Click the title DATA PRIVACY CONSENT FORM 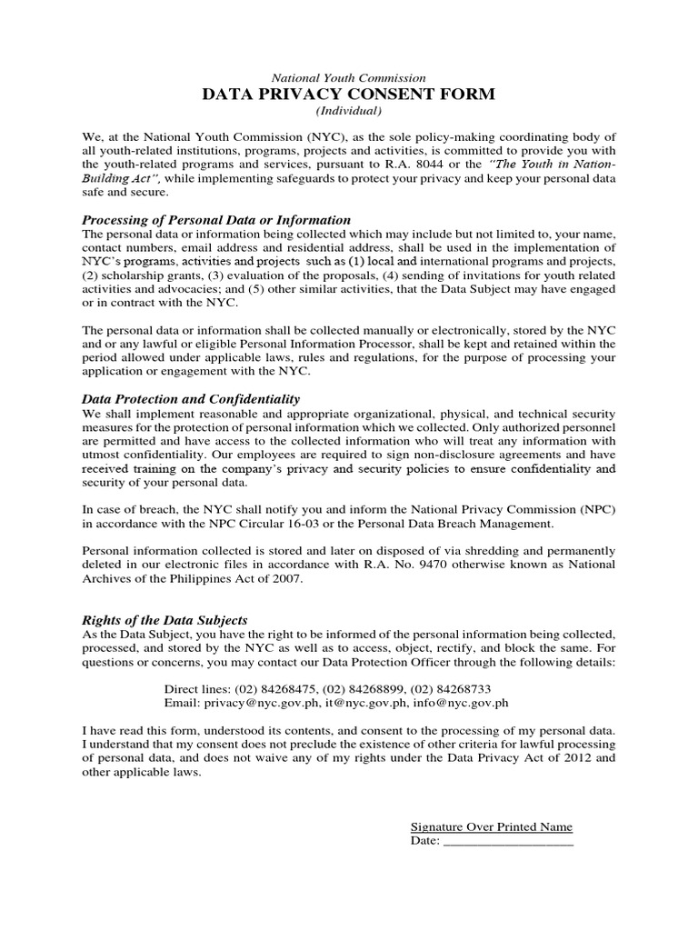click(349, 95)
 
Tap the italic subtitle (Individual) click(349, 111)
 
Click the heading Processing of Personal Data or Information click(216, 220)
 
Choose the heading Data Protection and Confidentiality click(191, 399)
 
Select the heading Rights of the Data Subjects click(165, 620)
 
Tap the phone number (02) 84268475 click(277, 688)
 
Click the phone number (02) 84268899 click(365, 688)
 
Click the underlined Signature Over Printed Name click(492, 826)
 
